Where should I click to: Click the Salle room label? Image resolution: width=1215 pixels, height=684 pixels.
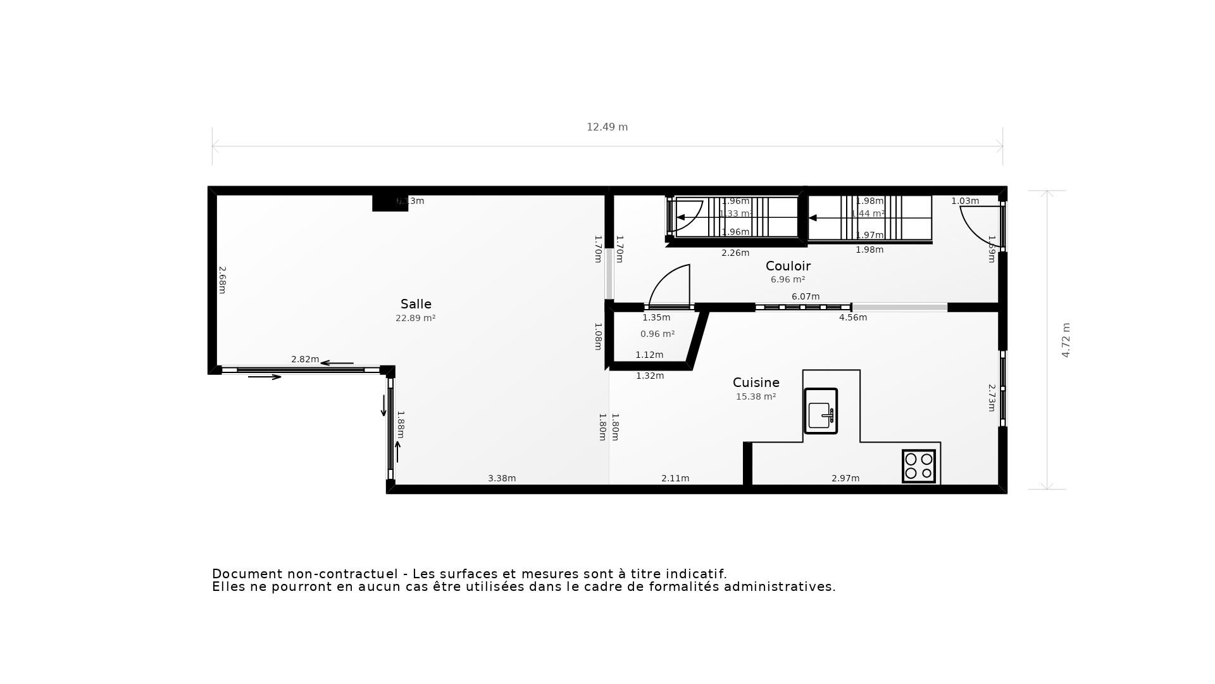[x=416, y=304]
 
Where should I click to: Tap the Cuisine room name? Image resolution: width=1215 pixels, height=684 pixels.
[x=756, y=383]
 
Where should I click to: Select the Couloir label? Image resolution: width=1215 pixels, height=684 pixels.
[x=788, y=266]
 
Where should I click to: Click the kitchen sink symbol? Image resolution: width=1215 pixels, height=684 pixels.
[x=821, y=411]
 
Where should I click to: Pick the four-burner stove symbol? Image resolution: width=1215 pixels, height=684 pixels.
[x=918, y=466]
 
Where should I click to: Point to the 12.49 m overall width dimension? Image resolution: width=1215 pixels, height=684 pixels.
[x=607, y=127]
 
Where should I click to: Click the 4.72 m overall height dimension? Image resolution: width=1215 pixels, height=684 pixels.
[x=1066, y=340]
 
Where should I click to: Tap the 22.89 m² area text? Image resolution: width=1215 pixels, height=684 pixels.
[x=415, y=319]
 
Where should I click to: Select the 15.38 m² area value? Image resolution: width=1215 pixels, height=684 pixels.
[x=756, y=397]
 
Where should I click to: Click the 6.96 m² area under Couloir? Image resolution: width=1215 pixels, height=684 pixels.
[x=787, y=279]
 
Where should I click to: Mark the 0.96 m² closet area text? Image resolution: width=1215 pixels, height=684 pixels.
[x=657, y=334]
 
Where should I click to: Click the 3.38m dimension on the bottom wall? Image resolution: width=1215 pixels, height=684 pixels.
[x=502, y=478]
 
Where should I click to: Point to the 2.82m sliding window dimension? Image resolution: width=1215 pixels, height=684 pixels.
[x=304, y=359]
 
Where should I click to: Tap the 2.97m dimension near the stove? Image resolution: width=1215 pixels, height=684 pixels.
[x=845, y=478]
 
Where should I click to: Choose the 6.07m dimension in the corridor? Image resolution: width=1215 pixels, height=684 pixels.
[x=805, y=296]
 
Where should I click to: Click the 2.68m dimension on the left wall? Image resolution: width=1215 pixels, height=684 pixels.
[x=222, y=279]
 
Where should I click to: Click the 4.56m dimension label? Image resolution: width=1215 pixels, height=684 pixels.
[x=852, y=317]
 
